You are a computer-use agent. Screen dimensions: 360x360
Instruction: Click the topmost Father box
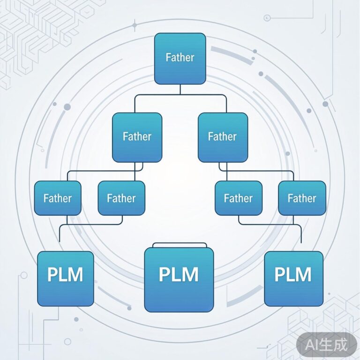(x=180, y=58)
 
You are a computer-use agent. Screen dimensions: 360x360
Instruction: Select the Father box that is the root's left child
(x=137, y=137)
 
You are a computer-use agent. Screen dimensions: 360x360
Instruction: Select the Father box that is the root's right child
(x=222, y=137)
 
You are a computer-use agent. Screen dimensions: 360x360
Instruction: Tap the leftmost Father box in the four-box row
(x=58, y=198)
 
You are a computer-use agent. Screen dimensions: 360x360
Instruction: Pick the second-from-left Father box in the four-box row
(x=121, y=198)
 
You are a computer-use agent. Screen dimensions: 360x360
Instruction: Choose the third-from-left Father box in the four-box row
(x=238, y=198)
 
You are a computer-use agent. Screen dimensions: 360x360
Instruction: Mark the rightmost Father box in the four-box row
(x=301, y=198)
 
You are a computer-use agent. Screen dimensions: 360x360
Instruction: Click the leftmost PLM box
(x=66, y=278)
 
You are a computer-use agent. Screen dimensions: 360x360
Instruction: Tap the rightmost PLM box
(x=293, y=278)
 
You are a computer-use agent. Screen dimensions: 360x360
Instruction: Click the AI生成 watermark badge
(x=327, y=345)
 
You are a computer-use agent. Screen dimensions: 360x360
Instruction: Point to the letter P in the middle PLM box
(x=165, y=274)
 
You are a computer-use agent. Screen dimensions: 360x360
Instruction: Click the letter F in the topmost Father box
(x=168, y=58)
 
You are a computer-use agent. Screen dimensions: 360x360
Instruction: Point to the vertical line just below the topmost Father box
(x=180, y=90)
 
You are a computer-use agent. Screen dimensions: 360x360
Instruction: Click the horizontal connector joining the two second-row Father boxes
(x=180, y=95)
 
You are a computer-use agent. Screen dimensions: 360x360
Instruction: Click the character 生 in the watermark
(x=327, y=345)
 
